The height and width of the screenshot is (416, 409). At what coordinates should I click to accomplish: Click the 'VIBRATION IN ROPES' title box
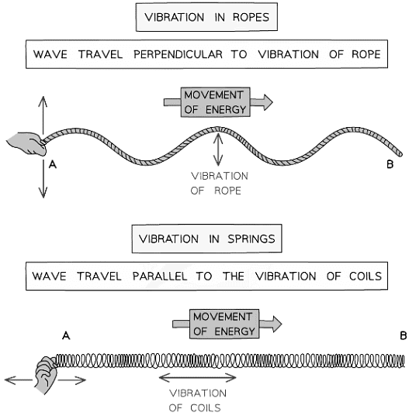[x=204, y=18]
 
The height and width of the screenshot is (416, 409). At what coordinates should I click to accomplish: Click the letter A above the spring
[x=65, y=335]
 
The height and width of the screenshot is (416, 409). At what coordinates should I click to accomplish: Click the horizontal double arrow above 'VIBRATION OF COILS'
[x=197, y=377]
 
